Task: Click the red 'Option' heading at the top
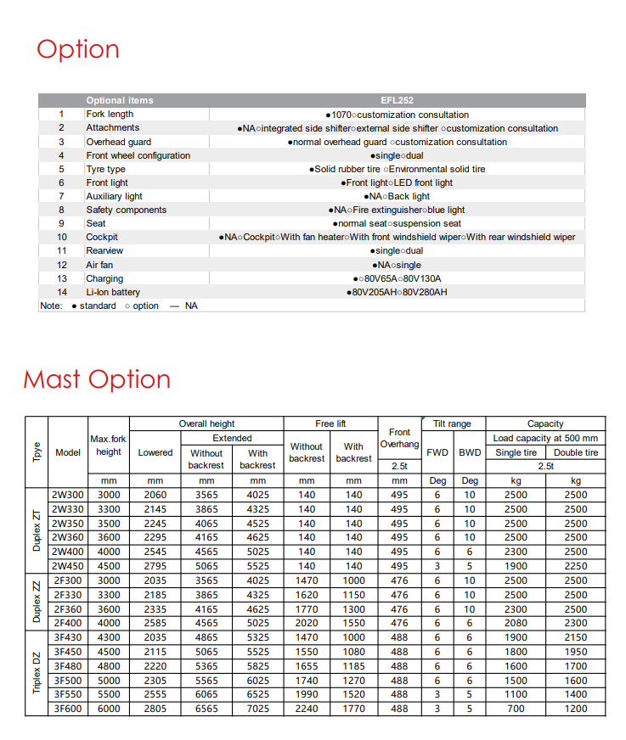(77, 49)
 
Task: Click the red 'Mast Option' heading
(97, 378)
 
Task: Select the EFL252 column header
(397, 100)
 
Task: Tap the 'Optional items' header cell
(120, 100)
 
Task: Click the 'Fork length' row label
(110, 115)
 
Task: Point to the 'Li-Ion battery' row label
(113, 292)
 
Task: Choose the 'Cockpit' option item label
(102, 237)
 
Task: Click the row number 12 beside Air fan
(61, 265)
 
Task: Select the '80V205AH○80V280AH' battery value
(397, 292)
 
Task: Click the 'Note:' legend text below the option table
(51, 306)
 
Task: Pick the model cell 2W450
(68, 566)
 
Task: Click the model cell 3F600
(68, 709)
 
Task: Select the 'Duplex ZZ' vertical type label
(37, 602)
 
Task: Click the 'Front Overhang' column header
(399, 438)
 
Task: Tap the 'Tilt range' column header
(452, 423)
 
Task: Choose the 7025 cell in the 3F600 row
(257, 709)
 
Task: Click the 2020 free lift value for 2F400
(307, 623)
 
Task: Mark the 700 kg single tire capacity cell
(516, 709)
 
